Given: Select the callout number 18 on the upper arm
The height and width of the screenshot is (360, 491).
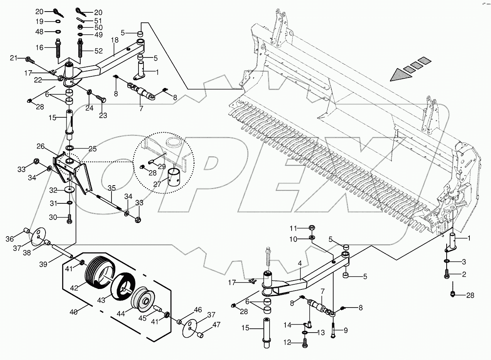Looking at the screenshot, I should [115, 40].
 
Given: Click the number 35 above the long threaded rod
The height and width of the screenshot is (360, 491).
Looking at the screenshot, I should [111, 188].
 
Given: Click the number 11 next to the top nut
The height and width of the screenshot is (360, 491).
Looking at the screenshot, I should [294, 227].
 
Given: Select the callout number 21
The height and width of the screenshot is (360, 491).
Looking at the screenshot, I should [14, 58].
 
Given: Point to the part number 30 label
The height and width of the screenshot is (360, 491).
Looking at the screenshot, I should [53, 217].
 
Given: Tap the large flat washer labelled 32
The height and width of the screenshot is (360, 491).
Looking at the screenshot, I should [70, 190].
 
